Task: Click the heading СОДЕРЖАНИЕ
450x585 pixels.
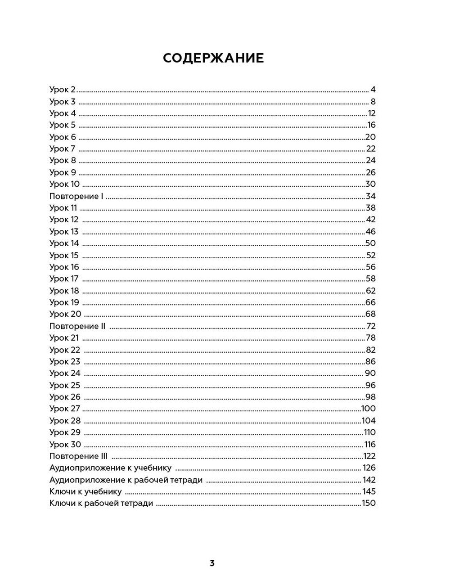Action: [x=213, y=58]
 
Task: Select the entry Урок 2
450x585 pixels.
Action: [x=63, y=90]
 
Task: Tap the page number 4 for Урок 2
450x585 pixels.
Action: [x=373, y=90]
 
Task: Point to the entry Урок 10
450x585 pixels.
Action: [x=64, y=184]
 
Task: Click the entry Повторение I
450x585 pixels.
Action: [x=76, y=196]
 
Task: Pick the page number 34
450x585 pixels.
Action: [x=370, y=196]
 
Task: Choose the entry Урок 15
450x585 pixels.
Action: [x=64, y=255]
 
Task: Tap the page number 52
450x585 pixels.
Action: [x=370, y=255]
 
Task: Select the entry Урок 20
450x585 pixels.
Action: [x=65, y=314]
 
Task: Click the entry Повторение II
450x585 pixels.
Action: [x=77, y=326]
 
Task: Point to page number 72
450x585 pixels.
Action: [x=371, y=326]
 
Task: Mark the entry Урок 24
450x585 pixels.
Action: [x=65, y=373]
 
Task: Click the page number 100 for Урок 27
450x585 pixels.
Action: [x=369, y=409]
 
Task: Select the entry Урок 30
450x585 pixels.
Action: [x=65, y=444]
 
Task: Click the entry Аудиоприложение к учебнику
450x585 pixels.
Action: [x=110, y=468]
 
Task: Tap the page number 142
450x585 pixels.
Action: [x=369, y=480]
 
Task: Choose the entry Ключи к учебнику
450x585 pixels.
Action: [x=85, y=491]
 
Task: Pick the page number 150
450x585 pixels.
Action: [x=369, y=504]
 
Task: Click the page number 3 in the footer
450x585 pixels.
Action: [x=212, y=563]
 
